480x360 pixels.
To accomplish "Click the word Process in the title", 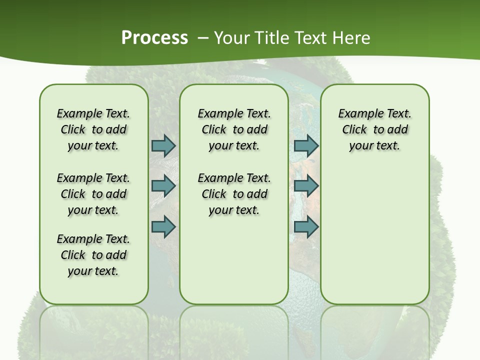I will click(154, 38).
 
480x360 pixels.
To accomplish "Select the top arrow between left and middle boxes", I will click(163, 145).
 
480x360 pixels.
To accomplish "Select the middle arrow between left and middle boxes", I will click(163, 186).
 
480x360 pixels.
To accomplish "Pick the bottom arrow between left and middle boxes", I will click(163, 226).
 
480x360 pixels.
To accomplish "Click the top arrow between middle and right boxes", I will click(306, 145).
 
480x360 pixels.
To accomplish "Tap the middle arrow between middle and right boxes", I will click(306, 186).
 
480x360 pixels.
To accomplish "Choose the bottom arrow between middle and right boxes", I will click(306, 226).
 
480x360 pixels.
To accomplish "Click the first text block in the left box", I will click(93, 129).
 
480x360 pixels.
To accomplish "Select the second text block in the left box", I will click(93, 194).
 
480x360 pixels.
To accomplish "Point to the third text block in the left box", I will click(93, 255).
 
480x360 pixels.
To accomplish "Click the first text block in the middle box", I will click(234, 129).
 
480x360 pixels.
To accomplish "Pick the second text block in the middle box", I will click(234, 194).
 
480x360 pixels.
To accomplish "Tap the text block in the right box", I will click(374, 129).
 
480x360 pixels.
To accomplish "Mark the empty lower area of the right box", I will click(374, 230).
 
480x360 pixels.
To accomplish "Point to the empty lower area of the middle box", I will click(234, 260).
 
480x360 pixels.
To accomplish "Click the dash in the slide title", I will click(203, 38).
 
